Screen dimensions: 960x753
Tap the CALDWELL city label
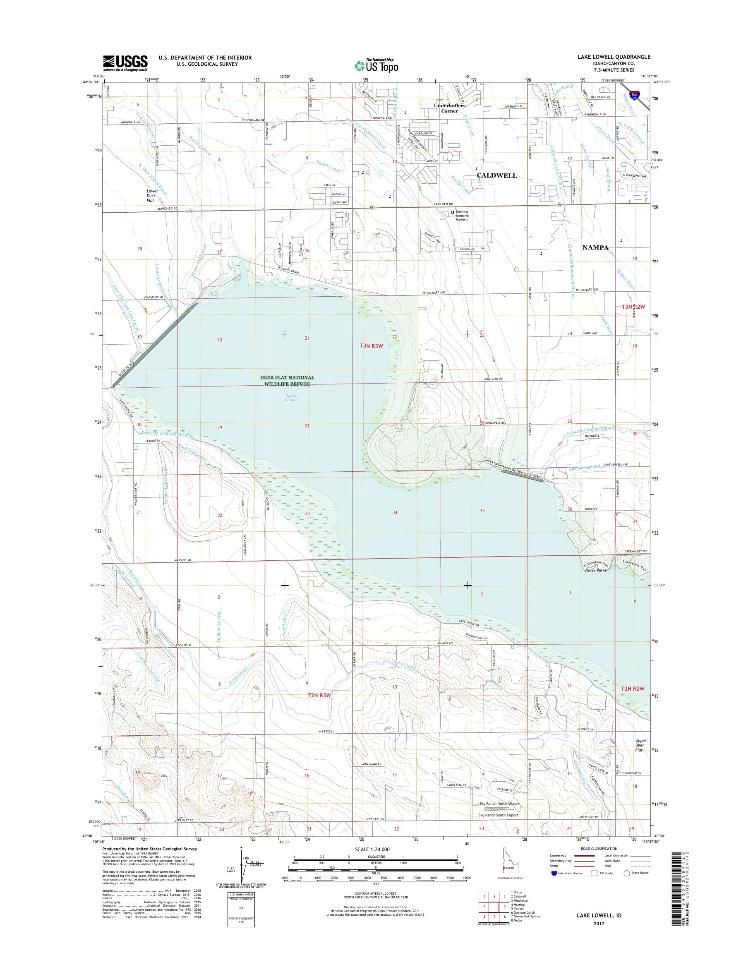pyautogui.click(x=497, y=175)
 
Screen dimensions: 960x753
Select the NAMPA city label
pyautogui.click(x=595, y=247)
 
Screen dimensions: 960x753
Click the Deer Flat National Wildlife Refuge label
pyautogui.click(x=287, y=381)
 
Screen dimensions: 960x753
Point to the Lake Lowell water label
pyautogui.click(x=291, y=397)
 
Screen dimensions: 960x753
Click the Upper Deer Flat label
pyautogui.click(x=640, y=745)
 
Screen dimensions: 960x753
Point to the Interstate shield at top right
pyautogui.click(x=634, y=95)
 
